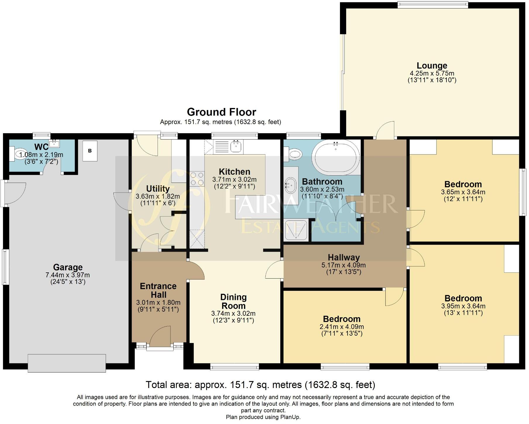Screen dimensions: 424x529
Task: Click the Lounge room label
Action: click(432, 66)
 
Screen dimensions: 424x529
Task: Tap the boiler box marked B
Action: click(90, 151)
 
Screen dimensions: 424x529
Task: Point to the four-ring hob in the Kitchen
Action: click(197, 179)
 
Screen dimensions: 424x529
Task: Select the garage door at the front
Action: click(67, 363)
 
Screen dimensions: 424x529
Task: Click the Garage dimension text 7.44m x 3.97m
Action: click(68, 275)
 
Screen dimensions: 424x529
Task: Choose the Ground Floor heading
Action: click(221, 112)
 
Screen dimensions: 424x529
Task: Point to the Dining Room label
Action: click(233, 301)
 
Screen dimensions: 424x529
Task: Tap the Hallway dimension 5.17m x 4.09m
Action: click(343, 265)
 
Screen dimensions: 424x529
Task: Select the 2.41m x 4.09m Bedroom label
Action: click(342, 319)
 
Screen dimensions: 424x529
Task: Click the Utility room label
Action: click(158, 189)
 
